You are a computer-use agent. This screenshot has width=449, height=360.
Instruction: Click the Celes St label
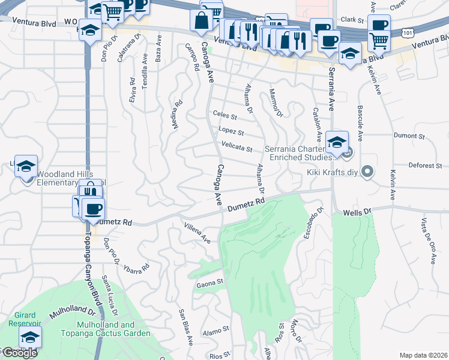point(225,115)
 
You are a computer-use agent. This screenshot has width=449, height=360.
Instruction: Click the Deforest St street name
point(426,165)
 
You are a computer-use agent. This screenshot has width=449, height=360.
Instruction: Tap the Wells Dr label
point(358,212)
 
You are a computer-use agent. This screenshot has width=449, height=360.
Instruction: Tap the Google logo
point(19,353)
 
